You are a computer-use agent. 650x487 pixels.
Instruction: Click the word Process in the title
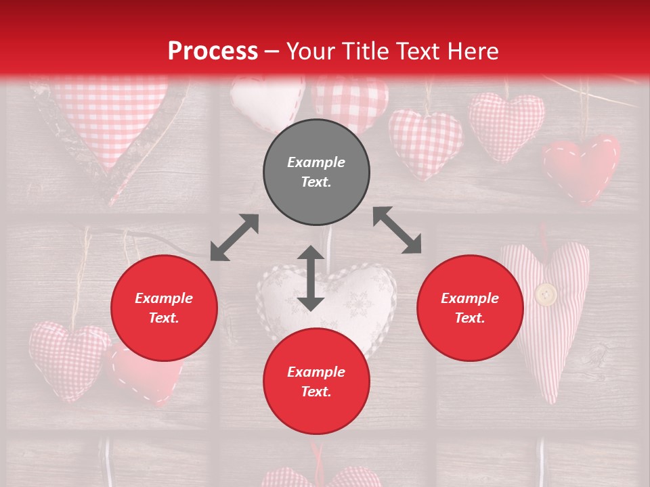(x=213, y=51)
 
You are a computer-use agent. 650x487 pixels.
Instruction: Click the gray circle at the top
(x=316, y=172)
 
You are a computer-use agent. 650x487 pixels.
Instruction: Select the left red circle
(x=164, y=308)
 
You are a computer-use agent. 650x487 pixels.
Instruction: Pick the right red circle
(x=470, y=308)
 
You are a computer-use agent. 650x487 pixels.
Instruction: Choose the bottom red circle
(x=316, y=381)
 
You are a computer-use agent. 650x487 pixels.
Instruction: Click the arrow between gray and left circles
(x=234, y=237)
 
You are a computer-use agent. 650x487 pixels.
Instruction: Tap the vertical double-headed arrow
(x=311, y=278)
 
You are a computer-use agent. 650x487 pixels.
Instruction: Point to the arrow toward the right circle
(x=397, y=230)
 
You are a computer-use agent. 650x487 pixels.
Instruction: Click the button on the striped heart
(x=546, y=294)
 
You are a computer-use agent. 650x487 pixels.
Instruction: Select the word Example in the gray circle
(x=316, y=162)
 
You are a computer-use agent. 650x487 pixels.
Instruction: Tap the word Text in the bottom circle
(x=316, y=392)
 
